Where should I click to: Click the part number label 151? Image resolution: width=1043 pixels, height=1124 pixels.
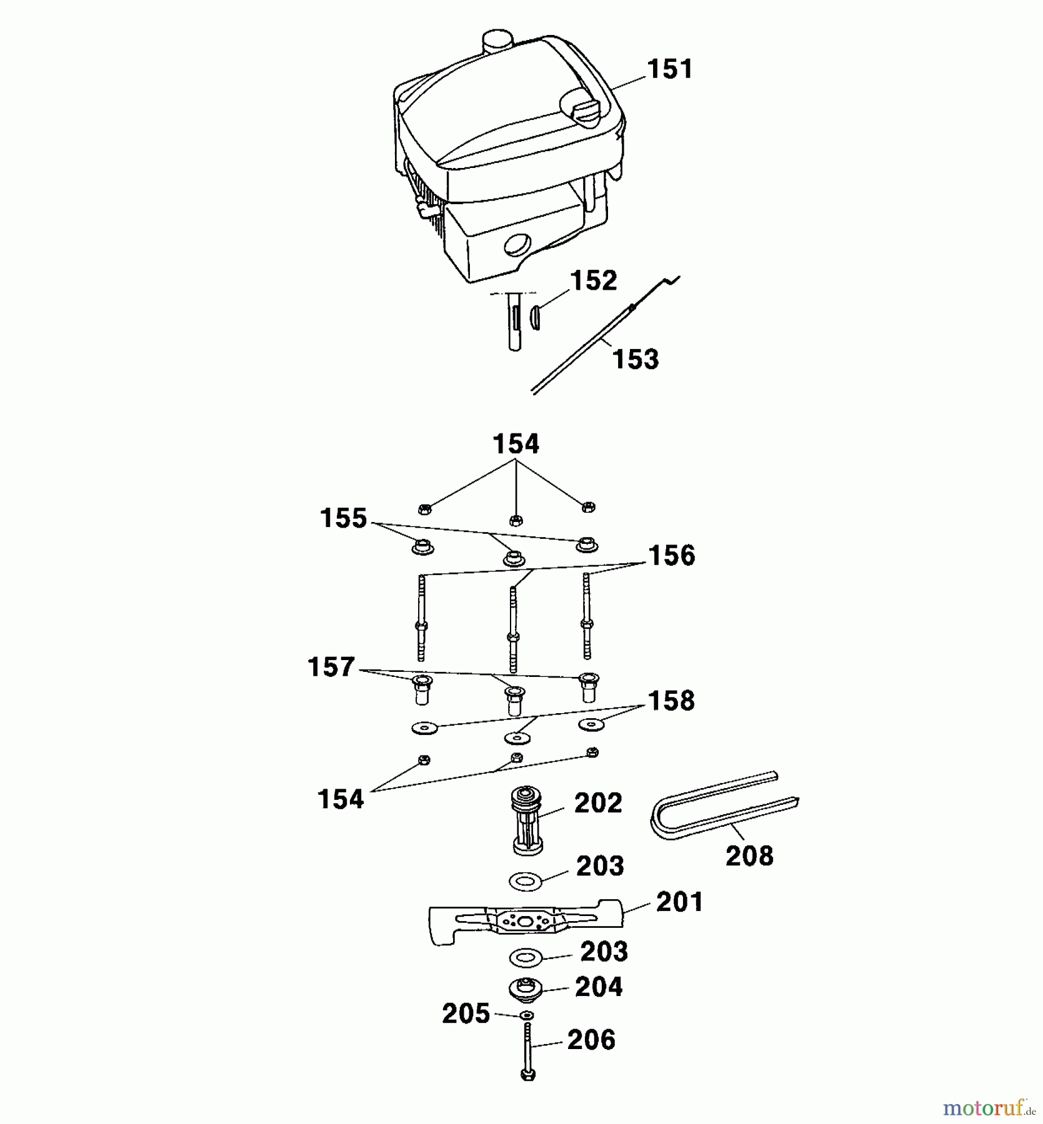tap(670, 69)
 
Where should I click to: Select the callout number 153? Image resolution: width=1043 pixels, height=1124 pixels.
tap(636, 359)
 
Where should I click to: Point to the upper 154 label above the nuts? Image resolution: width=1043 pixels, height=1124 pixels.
tap(516, 444)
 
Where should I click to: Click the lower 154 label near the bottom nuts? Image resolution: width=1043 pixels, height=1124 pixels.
tap(341, 799)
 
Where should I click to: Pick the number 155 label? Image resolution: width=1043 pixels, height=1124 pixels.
tap(343, 518)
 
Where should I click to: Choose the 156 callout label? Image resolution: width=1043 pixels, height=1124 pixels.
tap(672, 556)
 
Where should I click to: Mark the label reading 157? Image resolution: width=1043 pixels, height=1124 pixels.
tap(331, 667)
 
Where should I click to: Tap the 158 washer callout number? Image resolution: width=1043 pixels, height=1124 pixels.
tap(671, 701)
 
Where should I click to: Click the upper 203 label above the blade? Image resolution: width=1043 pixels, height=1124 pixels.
tap(600, 866)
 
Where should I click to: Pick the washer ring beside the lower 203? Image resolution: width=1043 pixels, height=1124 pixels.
tap(526, 956)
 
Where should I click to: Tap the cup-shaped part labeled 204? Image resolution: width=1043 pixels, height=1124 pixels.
tap(526, 988)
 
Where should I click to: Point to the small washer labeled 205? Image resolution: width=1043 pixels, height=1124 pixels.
tap(527, 1015)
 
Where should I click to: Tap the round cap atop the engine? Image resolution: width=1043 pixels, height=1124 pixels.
tap(497, 41)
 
